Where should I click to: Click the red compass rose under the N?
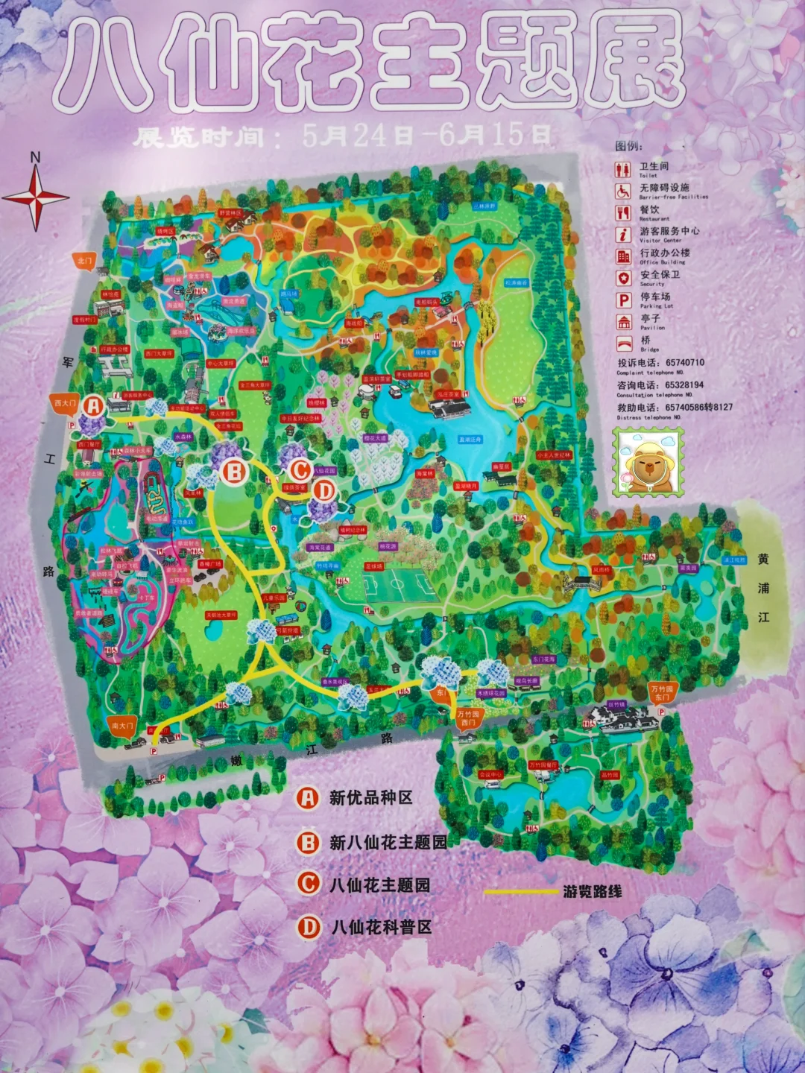pos(36,198)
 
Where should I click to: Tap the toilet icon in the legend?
pos(623,170)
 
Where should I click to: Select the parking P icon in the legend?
pos(623,300)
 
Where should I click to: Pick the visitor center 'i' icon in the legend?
pos(623,235)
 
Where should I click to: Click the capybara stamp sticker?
pos(648,463)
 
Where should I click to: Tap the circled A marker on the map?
pos(93,406)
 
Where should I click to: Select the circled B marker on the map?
pos(235,472)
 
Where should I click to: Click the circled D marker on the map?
pos(324,490)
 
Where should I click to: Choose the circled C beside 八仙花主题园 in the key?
pos(308,884)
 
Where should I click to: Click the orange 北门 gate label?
pos(85,261)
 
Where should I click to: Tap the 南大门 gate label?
pos(122,725)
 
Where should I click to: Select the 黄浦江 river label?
pos(763,588)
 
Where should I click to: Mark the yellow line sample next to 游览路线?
pos(520,891)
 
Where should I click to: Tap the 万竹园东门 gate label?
pos(661,693)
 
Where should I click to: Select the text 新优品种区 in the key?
pos(370,798)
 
